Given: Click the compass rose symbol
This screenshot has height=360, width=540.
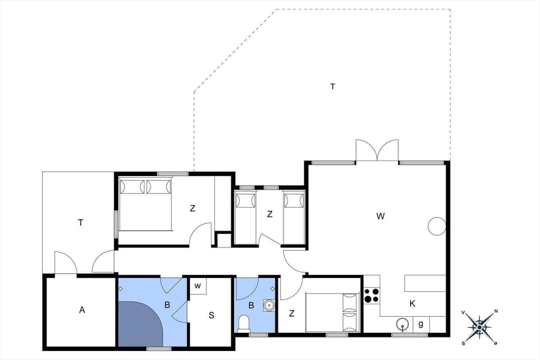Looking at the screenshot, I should (x=479, y=326).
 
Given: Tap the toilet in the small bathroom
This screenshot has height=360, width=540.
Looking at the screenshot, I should (x=244, y=323).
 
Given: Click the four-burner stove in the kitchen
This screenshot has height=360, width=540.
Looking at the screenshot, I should (x=371, y=295).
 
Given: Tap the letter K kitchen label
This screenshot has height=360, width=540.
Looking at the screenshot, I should (x=412, y=304).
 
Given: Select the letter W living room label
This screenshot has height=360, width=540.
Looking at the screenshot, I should (x=380, y=215).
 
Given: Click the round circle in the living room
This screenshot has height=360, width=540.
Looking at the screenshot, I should (x=437, y=226).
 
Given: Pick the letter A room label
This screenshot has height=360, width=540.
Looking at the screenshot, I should (x=82, y=309).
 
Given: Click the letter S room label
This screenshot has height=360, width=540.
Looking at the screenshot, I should (x=211, y=315).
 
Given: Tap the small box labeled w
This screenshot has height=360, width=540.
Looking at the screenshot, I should (x=198, y=286).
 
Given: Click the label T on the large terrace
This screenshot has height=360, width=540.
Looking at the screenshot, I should (x=332, y=87).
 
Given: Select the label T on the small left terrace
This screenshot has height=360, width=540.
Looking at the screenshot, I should (x=80, y=223).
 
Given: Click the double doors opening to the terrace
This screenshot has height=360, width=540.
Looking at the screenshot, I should (x=377, y=151).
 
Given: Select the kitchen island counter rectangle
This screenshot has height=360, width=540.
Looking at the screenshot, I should (x=425, y=283).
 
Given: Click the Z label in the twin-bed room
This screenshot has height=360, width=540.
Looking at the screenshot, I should (x=270, y=214).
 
